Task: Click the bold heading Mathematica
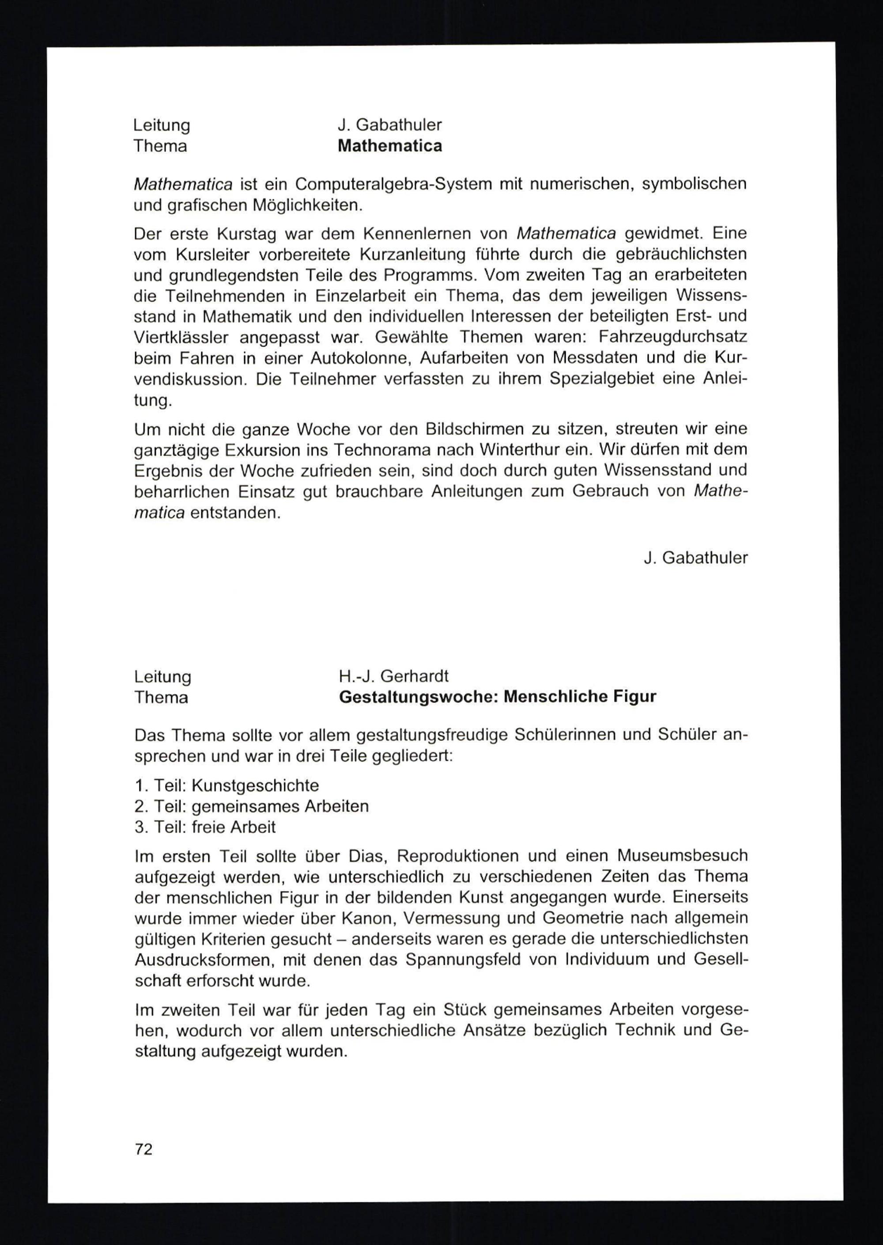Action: coord(389,146)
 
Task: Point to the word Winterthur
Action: coord(515,450)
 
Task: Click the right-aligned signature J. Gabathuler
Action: coord(695,558)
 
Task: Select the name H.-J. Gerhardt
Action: coord(394,676)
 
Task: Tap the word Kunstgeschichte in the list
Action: coord(255,785)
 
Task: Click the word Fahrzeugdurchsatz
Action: coord(672,338)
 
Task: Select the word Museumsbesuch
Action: coord(683,856)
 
